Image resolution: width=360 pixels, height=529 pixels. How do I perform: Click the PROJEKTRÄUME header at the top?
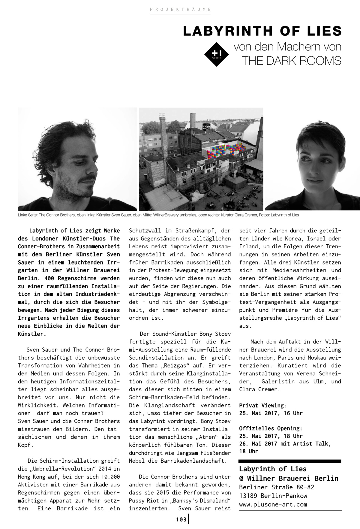pyautogui.click(x=180, y=10)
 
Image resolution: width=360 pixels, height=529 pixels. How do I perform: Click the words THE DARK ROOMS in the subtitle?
pyautogui.click(x=291, y=61)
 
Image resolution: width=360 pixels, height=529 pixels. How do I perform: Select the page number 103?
pyautogui.click(x=181, y=520)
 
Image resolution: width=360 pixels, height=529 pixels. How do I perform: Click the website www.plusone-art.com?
pyautogui.click(x=273, y=504)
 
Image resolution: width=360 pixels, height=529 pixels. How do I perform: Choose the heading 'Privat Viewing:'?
pyautogui.click(x=262, y=405)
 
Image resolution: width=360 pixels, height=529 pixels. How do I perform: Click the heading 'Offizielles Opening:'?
pyautogui.click(x=271, y=428)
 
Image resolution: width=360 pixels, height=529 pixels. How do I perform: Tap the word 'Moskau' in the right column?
pyautogui.click(x=316, y=358)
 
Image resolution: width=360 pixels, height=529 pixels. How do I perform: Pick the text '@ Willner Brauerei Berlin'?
pyautogui.click(x=289, y=478)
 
